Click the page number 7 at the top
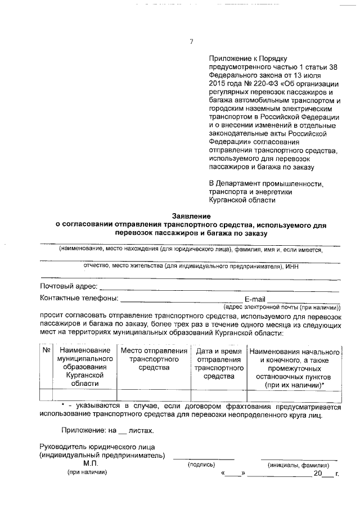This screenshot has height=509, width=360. click(x=191, y=41)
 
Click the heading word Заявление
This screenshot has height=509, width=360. click(x=191, y=216)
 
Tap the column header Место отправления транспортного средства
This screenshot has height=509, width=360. click(x=154, y=359)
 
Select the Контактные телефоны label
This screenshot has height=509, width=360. click(x=79, y=298)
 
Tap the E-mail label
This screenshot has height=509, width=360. click(x=255, y=299)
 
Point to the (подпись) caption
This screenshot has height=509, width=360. click(x=201, y=465)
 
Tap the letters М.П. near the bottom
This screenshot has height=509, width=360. click(x=91, y=462)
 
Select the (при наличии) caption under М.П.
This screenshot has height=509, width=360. click(x=87, y=472)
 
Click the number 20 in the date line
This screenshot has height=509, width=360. click(x=318, y=474)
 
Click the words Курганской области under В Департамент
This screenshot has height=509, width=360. click(x=242, y=200)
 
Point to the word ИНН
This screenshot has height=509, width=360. click(x=291, y=266)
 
